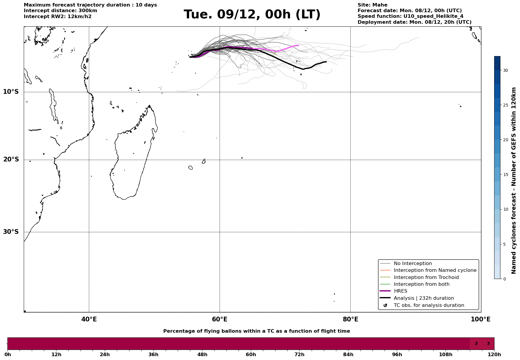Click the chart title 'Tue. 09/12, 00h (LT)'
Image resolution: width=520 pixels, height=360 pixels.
252,15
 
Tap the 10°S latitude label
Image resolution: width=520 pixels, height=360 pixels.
11,92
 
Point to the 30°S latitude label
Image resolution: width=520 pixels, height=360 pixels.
11,232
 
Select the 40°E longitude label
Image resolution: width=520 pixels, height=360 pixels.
89,319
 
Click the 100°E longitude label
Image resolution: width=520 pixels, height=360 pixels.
481,319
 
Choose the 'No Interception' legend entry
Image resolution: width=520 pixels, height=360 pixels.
413,264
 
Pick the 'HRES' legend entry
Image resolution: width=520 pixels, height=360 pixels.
400,291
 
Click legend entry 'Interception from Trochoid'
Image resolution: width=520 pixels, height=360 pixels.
426,277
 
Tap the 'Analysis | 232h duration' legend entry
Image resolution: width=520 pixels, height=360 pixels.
424,298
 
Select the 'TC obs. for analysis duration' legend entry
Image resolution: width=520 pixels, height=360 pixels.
429,305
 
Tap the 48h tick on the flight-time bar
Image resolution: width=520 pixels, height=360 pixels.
202,354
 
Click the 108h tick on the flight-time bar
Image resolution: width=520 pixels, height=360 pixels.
446,354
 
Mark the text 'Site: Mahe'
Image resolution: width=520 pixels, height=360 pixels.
372,5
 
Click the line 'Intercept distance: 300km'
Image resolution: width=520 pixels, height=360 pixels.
60,11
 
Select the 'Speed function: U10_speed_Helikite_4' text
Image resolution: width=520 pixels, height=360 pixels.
410,16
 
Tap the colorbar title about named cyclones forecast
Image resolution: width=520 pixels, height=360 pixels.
514,180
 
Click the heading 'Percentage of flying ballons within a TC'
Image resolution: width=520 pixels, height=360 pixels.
256,331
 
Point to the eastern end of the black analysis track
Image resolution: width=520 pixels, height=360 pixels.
326,62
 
